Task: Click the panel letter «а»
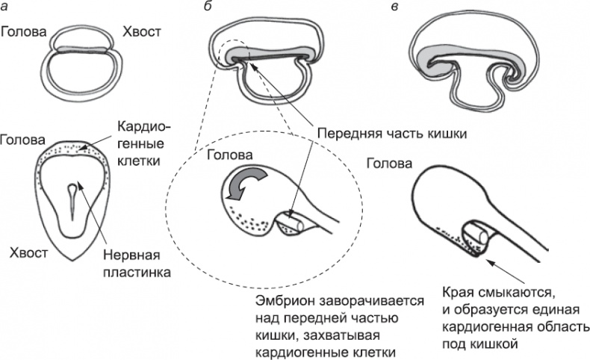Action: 5,8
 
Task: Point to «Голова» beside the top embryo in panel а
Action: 24,32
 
